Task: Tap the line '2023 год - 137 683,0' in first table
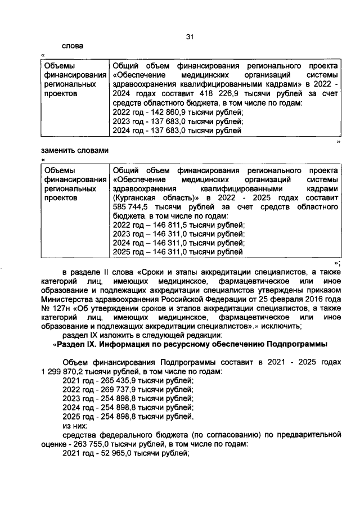click(x=177, y=121)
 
